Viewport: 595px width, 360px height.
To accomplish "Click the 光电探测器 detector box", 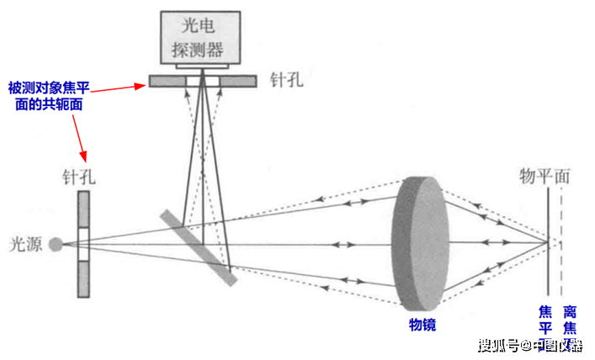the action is (200, 37).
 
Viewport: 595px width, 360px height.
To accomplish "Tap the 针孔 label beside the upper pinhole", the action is (287, 80).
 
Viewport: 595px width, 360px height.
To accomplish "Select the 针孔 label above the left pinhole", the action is (79, 177).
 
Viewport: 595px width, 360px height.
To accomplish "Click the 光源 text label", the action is (26, 244).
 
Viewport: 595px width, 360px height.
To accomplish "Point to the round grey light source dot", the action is (56, 244).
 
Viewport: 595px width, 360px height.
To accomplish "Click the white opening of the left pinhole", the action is (84, 244).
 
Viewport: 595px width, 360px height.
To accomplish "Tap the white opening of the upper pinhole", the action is (203, 82).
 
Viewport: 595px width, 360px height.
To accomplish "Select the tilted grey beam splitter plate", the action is (199, 247).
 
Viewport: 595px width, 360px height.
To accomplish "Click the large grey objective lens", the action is (421, 244).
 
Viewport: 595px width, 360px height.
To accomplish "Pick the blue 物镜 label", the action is (422, 325).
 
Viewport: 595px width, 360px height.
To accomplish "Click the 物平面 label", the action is (545, 177).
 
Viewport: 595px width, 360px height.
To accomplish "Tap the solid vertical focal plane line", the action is (548, 241).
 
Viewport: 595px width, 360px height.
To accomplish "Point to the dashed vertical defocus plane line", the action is (561, 241).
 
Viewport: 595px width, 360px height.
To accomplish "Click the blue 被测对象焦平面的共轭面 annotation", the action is (49, 96).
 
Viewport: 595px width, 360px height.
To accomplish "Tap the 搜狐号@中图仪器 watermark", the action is (530, 345).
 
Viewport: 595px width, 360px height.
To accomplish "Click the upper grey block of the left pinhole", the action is (84, 209).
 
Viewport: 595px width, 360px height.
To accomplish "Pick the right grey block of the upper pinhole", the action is (238, 82).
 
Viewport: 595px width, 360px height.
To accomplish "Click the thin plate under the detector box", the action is (202, 66).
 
